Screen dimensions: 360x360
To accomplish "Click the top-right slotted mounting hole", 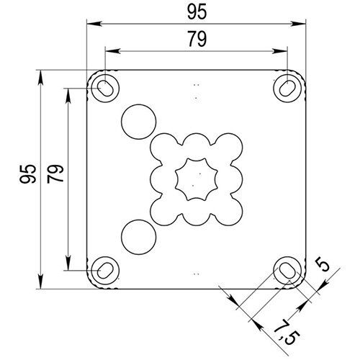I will [287, 86].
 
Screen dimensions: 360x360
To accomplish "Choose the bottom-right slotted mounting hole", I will [287, 269].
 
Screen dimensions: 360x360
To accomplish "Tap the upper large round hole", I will [139, 122].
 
